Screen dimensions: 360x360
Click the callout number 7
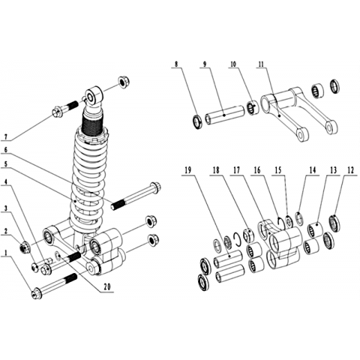(x=6, y=136)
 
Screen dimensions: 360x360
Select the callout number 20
(x=107, y=287)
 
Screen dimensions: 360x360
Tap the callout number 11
(x=261, y=64)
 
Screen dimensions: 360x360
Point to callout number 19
(x=187, y=170)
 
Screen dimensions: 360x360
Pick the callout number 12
(x=350, y=170)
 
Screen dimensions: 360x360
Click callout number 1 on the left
(x=6, y=253)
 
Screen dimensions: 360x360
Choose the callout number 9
(x=205, y=64)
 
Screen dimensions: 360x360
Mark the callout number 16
(x=257, y=170)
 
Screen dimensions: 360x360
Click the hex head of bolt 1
(x=37, y=294)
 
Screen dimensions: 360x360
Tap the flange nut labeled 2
(x=25, y=247)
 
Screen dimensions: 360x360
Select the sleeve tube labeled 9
(x=224, y=116)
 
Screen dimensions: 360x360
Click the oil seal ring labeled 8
(x=198, y=122)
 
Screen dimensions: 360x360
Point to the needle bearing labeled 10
(x=253, y=107)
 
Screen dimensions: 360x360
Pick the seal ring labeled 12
(x=334, y=222)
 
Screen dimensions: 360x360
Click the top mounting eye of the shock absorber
(x=94, y=96)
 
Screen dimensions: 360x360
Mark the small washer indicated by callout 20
(x=58, y=256)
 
